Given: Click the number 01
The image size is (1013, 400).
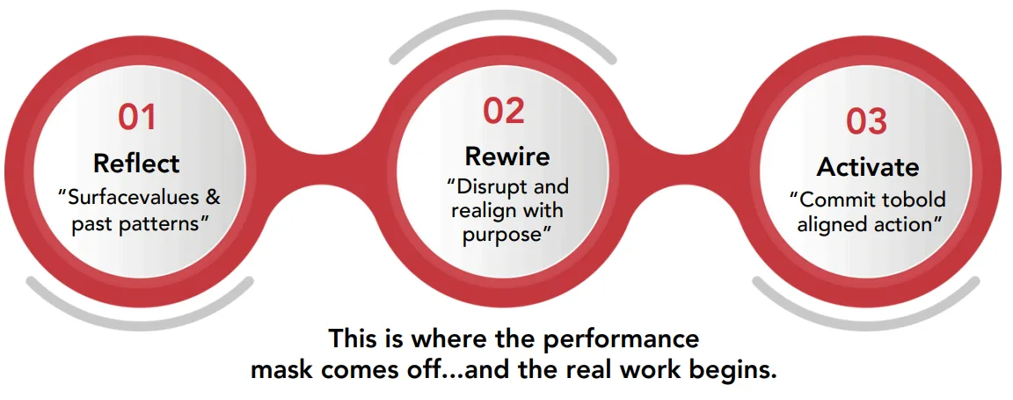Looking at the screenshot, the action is coord(137,118).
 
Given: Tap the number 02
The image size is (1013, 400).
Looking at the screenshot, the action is coord(504,111).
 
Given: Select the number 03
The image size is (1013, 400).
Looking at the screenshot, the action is coord(866,121).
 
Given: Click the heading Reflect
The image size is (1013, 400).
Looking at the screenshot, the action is coord(136,163).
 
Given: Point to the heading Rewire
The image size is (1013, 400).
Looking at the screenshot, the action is coord(507,156).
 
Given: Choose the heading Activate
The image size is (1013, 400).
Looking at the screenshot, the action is coord(868,167).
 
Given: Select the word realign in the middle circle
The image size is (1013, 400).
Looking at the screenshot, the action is coord(481,211).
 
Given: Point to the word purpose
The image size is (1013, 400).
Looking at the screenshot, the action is coord(501,235).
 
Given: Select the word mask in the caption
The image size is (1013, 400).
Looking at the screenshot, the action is coord(279,371).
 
